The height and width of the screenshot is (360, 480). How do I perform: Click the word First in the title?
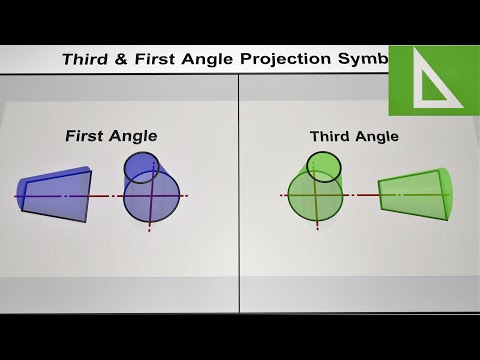click(149, 59)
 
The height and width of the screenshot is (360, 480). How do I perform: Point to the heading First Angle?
click(111, 135)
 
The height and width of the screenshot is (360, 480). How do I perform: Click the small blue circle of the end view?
click(140, 167)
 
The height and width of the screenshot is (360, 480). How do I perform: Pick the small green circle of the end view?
click(324, 165)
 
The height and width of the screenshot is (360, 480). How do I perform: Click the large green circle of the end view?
click(314, 194)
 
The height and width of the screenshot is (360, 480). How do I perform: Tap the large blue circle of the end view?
click(153, 198)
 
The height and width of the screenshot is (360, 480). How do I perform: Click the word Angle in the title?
click(205, 59)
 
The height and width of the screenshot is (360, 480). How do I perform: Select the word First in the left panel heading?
click(85, 135)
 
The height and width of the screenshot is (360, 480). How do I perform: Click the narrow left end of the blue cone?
click(24, 195)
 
